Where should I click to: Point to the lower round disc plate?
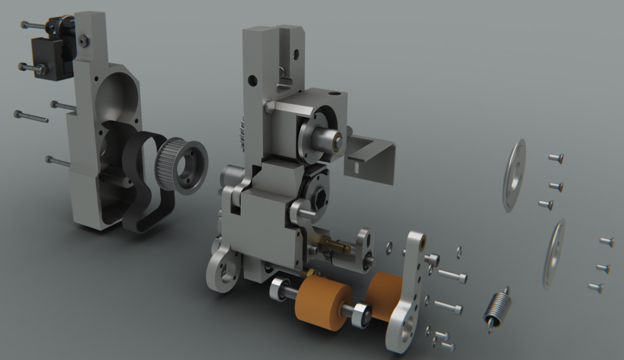pos(553,254)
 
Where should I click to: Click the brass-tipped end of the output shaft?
pos(336,142)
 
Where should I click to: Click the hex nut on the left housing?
pos(83,40)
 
